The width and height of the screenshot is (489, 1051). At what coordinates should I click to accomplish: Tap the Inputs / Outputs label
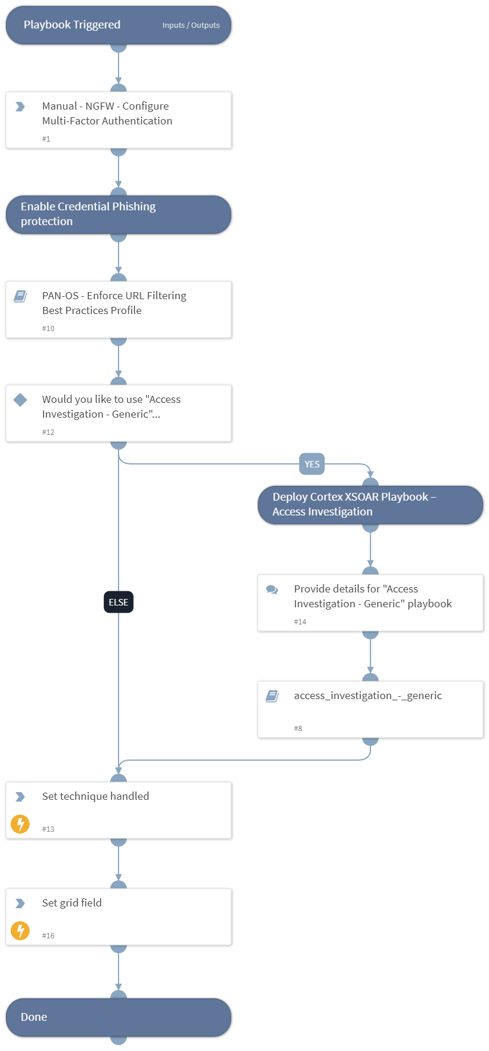[191, 25]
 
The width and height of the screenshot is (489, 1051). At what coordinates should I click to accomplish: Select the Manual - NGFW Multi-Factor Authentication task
[119, 119]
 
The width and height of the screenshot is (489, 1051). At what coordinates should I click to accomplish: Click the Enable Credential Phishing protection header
[119, 214]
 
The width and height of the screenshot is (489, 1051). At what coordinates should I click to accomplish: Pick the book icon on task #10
[20, 296]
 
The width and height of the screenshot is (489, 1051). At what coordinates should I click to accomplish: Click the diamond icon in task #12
[20, 400]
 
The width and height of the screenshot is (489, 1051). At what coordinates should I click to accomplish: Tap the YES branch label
[312, 464]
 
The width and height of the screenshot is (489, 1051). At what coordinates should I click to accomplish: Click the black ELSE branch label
[119, 602]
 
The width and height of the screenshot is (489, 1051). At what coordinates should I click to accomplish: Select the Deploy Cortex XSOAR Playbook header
[370, 505]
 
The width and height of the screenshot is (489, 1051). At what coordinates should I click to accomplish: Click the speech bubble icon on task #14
[272, 589]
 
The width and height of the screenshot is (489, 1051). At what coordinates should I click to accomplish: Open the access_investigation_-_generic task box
[370, 709]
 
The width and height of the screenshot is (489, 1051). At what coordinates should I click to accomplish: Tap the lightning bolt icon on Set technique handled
[20, 824]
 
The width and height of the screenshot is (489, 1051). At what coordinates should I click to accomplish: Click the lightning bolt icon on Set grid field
[20, 930]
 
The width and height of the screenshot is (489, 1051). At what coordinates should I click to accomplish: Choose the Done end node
[119, 1017]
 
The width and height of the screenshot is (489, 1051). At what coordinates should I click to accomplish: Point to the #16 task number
[48, 935]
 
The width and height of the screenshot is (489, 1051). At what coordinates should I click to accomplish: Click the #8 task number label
[298, 728]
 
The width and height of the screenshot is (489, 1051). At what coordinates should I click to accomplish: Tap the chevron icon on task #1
[20, 107]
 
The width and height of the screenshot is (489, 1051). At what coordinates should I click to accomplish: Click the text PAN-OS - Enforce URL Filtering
[114, 296]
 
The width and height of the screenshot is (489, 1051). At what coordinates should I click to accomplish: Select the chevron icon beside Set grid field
[20, 903]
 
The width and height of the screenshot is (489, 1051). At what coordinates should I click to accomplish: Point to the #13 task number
[48, 829]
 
